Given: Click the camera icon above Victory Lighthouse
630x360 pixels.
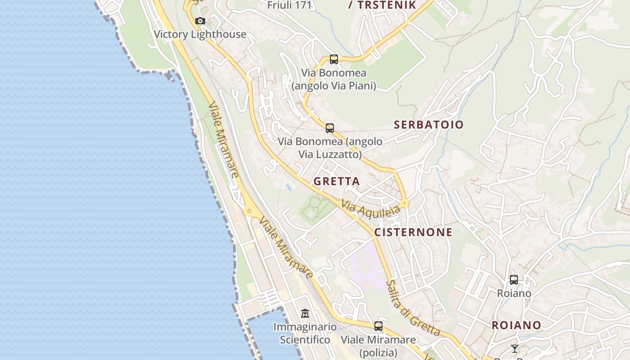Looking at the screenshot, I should (200, 21).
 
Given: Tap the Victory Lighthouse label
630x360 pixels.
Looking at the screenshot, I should (200, 34).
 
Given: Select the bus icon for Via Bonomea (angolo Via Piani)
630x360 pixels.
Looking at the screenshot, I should (334, 59).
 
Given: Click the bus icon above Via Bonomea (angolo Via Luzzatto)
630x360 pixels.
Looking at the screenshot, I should (330, 128).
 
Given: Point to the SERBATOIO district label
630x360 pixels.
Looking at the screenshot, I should (429, 125).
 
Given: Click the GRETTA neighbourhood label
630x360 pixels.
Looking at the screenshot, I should (337, 181).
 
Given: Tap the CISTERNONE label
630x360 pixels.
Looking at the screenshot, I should (414, 232).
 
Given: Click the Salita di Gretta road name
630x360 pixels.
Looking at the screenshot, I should (413, 308).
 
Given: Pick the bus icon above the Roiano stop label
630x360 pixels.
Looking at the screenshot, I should (514, 280).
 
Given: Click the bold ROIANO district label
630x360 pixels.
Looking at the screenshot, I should (516, 325).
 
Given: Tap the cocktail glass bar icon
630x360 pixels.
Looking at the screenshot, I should (515, 349).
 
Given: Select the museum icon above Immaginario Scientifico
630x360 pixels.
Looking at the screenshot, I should (305, 313).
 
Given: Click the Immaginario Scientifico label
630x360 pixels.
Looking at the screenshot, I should (305, 333).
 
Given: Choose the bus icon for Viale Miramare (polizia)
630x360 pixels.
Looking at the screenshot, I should (378, 326).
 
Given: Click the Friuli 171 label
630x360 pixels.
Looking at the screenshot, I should (289, 5).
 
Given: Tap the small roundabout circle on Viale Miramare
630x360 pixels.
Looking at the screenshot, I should (249, 211).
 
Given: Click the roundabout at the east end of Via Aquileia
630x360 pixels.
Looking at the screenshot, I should (405, 204).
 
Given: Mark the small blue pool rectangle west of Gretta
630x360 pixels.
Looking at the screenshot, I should (288, 186).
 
